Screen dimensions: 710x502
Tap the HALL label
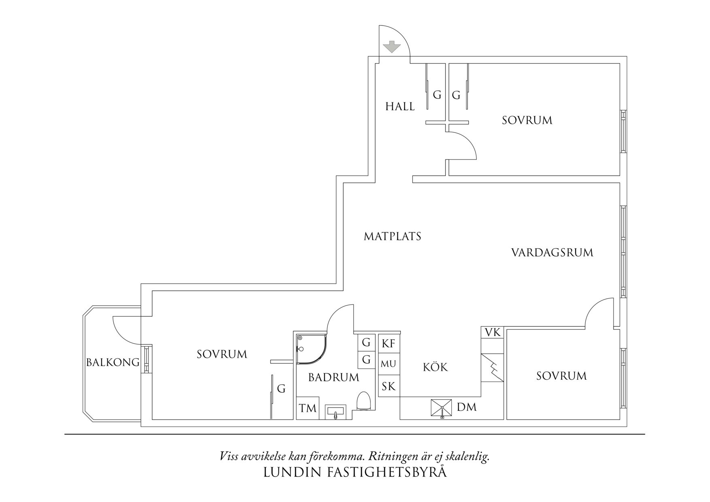[x=400, y=106]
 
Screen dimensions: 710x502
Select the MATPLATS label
[x=392, y=236]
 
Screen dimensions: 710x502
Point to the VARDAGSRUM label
[x=552, y=253]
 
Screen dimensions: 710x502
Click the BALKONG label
[x=113, y=362]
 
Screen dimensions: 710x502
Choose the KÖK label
[x=435, y=367]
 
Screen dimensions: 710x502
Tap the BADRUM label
[x=334, y=377]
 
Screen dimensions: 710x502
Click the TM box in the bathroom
[x=308, y=408]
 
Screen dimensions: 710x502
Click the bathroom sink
[x=336, y=412]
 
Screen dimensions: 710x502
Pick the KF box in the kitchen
[x=389, y=343]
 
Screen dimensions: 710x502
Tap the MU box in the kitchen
[x=389, y=364]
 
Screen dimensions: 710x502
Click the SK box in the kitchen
[x=389, y=386]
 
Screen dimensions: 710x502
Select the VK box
[x=493, y=333]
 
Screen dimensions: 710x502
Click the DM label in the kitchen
[x=467, y=407]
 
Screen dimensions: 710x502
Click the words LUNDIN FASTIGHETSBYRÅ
[x=355, y=472]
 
